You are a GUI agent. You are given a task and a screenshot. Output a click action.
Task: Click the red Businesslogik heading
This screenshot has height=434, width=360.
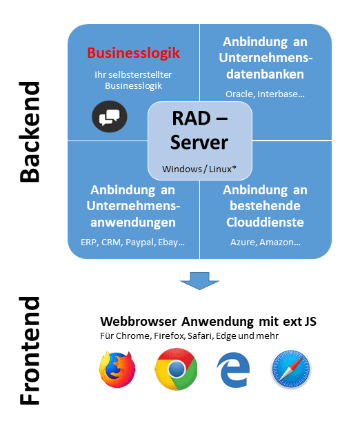click(134, 53)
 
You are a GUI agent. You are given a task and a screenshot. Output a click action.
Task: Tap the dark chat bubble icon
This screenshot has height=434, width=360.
click(110, 116)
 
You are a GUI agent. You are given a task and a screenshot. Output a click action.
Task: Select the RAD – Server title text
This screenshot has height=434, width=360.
click(199, 130)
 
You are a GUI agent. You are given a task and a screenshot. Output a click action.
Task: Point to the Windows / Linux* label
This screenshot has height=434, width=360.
click(199, 169)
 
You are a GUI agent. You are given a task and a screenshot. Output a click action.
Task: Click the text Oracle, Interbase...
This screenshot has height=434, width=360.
click(266, 94)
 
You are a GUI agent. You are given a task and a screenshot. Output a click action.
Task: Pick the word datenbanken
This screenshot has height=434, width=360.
click(266, 74)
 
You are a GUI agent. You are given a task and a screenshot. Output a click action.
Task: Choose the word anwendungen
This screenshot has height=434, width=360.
click(133, 223)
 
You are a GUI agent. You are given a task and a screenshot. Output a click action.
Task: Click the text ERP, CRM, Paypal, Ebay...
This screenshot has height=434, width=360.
click(132, 242)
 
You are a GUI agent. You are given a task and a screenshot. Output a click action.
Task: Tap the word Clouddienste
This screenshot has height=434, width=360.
click(266, 223)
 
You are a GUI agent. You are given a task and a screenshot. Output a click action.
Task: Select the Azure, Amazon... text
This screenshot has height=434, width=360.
click(266, 242)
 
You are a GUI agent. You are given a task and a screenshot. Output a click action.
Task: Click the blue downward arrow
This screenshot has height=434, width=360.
click(199, 281)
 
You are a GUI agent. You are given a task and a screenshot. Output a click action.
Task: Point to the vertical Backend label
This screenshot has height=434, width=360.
click(30, 132)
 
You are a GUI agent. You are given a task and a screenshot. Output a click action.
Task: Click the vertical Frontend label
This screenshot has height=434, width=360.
click(30, 351)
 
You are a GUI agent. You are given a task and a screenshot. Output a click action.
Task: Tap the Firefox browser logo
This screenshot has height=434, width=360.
click(117, 369)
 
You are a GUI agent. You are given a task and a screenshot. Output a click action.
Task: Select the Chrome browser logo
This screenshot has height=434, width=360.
click(177, 369)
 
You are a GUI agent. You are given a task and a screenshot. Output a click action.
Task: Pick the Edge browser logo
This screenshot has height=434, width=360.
click(234, 369)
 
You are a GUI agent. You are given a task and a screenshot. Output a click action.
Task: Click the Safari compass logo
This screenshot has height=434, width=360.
click(291, 369)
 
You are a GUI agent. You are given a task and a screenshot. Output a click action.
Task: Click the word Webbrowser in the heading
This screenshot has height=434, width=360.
click(139, 321)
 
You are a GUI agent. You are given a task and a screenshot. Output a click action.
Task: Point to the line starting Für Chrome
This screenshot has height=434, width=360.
click(189, 335)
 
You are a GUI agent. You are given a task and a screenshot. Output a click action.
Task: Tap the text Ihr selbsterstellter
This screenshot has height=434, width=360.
click(133, 74)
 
